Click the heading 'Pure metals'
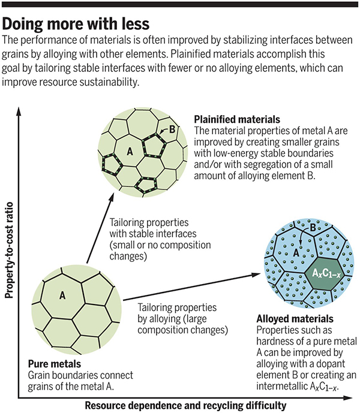(55, 363)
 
